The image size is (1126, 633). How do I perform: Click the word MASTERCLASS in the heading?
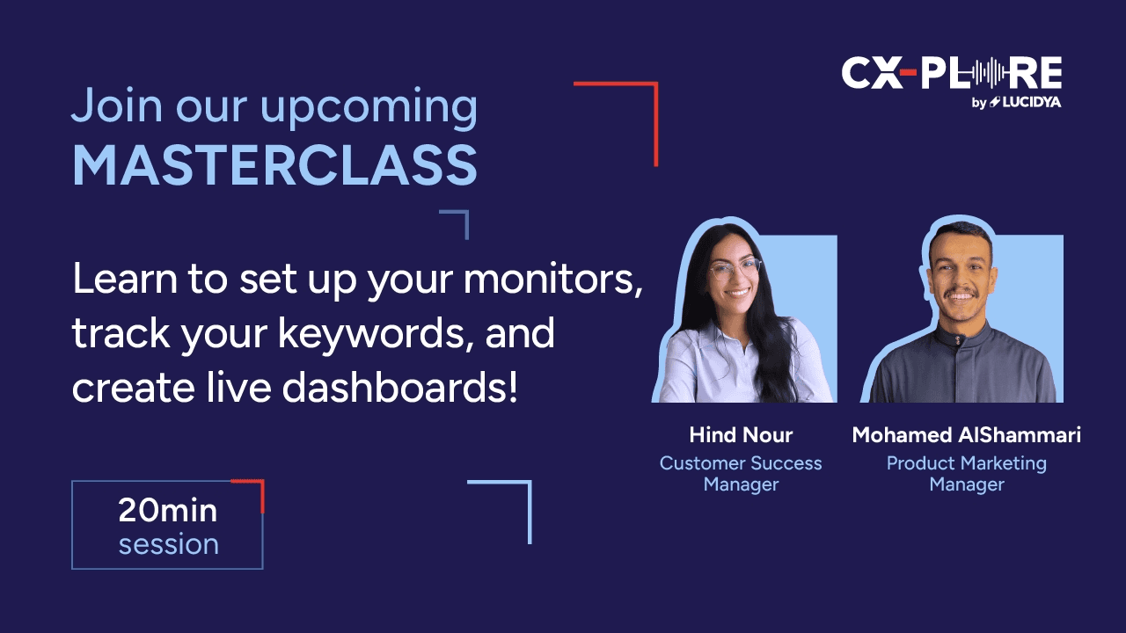click(275, 165)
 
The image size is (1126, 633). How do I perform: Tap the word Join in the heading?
click(117, 105)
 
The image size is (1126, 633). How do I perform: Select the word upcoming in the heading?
click(369, 108)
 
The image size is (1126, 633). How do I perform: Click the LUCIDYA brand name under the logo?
click(1032, 103)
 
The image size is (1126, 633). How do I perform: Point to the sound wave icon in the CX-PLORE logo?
click(988, 73)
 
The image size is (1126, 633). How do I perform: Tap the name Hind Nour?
click(741, 435)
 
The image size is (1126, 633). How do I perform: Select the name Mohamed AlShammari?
click(966, 435)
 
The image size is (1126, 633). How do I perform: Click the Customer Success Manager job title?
click(741, 474)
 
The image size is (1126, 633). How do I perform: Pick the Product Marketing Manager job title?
click(966, 474)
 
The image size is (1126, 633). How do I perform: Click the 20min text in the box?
click(168, 511)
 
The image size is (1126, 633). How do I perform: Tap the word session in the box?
click(168, 544)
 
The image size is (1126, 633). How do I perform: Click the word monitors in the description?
click(552, 279)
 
